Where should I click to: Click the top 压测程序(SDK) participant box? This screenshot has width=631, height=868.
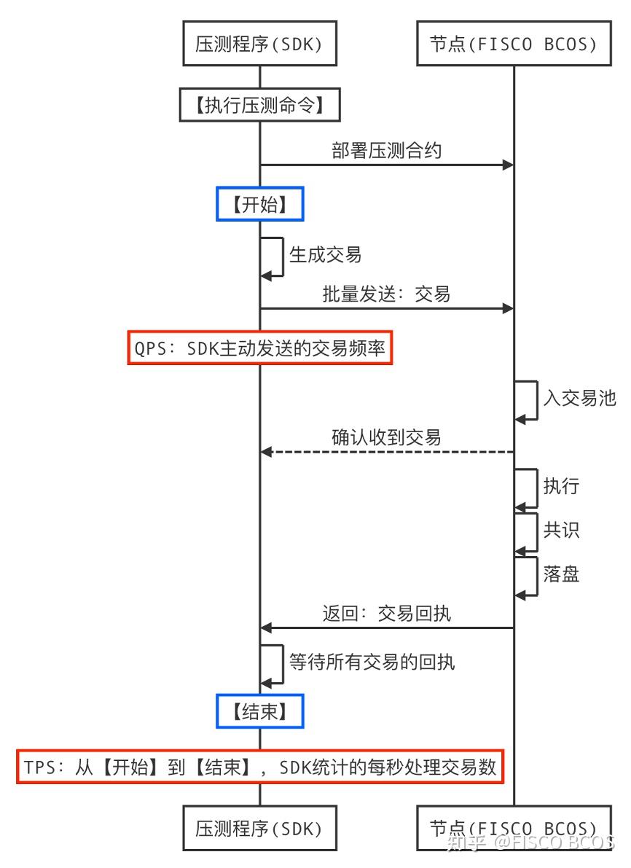(259, 45)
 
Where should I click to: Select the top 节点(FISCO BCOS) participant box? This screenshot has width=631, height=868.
(514, 45)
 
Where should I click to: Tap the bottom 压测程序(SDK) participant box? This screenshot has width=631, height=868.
(259, 828)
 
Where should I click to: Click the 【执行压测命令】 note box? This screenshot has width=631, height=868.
(259, 106)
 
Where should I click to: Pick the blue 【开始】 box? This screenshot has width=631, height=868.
(259, 205)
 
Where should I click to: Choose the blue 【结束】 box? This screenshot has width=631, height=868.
(259, 711)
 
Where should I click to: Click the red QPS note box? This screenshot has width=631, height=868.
(260, 348)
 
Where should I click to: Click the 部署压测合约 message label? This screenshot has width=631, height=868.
(386, 151)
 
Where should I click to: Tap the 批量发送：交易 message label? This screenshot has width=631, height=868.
(386, 294)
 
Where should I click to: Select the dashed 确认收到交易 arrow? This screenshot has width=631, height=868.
(386, 453)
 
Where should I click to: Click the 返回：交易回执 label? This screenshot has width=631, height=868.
(386, 613)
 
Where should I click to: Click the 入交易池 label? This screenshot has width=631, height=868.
(579, 398)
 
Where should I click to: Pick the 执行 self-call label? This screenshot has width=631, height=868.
(561, 486)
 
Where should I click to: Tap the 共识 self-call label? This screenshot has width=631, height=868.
(561, 530)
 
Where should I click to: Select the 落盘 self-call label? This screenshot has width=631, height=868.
(561, 574)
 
